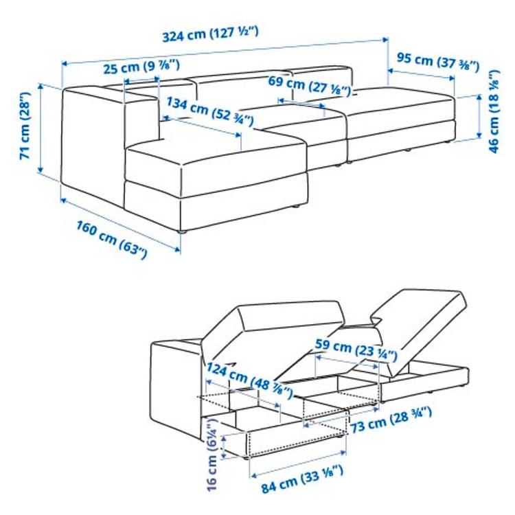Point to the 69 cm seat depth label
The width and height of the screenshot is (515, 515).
pos(310,86)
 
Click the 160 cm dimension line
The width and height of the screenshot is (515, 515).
pos(121,223)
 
